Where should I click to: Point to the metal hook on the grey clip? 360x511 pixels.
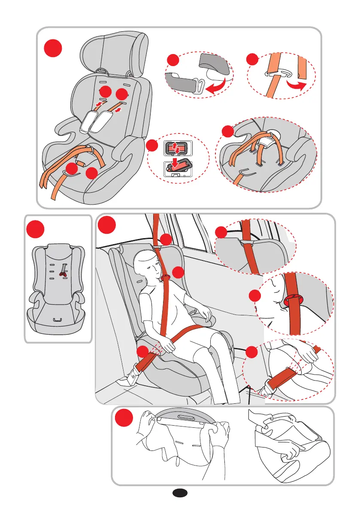[199, 84]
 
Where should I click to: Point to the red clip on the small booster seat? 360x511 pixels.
[63, 270]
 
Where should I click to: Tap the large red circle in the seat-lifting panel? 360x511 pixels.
[124, 419]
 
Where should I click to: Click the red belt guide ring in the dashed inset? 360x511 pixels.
[293, 299]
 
